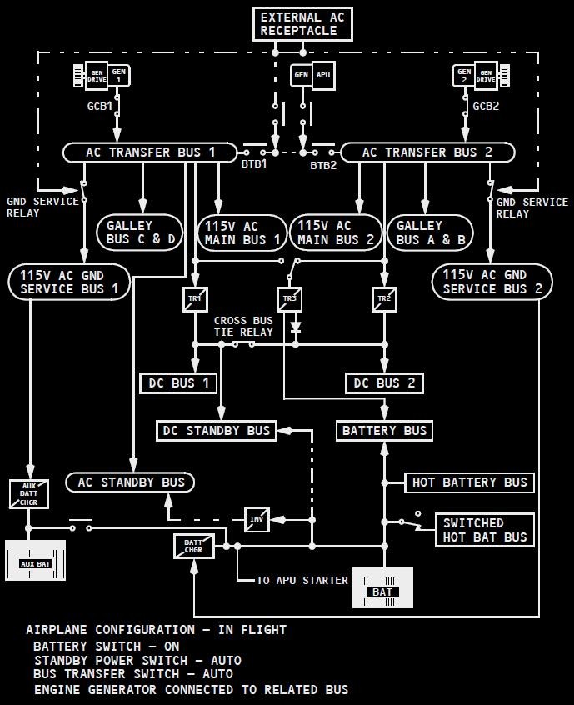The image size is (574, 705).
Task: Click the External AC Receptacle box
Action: [x=302, y=24]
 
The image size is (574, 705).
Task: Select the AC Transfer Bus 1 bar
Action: [x=150, y=152]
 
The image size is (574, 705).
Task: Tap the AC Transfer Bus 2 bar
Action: [x=427, y=152]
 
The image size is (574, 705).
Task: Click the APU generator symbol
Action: [x=312, y=75]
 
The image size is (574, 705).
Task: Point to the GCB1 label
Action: [x=100, y=107]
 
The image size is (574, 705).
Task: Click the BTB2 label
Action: [x=323, y=166]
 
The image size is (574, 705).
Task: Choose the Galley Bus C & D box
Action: [x=141, y=232]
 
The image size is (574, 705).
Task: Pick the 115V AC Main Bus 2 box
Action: [x=335, y=232]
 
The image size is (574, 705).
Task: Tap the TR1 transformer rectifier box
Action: [x=195, y=299]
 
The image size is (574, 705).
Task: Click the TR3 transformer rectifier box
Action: [x=289, y=299]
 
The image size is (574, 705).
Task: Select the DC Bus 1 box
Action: [x=179, y=383]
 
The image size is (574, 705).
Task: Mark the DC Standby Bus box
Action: [x=217, y=431]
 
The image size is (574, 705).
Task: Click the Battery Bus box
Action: [x=384, y=431]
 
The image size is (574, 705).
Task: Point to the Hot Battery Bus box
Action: [x=469, y=482]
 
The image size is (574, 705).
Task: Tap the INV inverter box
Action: [x=257, y=519]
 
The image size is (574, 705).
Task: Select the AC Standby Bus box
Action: [x=131, y=482]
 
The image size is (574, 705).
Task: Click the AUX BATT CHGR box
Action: [x=29, y=493]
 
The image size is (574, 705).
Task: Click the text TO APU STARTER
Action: [x=302, y=580]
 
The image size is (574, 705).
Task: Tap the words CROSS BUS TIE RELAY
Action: [x=243, y=326]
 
